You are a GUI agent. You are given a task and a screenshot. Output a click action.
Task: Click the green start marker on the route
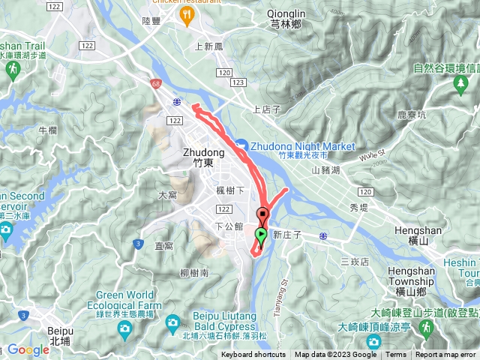click(x=260, y=235)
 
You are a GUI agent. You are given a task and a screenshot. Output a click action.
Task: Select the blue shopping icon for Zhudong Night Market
click(x=241, y=145)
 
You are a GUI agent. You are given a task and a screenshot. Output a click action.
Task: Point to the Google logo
click(x=28, y=349)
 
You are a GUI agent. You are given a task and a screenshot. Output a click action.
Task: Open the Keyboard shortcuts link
click(x=253, y=355)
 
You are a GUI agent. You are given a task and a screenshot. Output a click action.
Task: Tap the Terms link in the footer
click(x=396, y=355)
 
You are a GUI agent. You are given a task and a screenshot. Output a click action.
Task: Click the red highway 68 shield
click(x=155, y=84)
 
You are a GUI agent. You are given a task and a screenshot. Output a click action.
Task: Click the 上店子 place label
click(x=266, y=109)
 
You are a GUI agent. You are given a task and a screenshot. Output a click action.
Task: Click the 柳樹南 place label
click(x=194, y=274)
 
